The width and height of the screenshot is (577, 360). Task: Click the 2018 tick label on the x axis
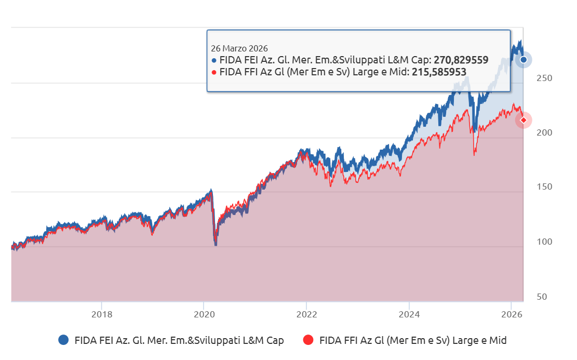tap(101, 314)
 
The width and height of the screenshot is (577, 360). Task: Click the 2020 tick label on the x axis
tap(204, 314)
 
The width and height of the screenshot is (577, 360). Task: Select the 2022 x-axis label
tap(306, 314)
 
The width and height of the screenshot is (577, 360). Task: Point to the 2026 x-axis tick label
tap(512, 314)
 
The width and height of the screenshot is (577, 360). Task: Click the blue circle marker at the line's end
tap(524, 60)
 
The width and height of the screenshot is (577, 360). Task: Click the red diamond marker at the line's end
tap(524, 120)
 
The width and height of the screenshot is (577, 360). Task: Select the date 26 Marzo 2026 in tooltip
tap(239, 48)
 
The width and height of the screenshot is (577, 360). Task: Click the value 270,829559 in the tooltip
tap(461, 60)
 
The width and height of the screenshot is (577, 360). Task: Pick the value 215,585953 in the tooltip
tap(439, 72)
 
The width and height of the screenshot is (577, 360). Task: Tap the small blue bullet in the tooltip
tap(214, 60)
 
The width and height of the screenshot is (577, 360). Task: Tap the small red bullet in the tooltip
tap(214, 72)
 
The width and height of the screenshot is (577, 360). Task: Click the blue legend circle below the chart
tap(63, 340)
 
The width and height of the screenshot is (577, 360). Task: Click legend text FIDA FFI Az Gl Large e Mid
tap(412, 340)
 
